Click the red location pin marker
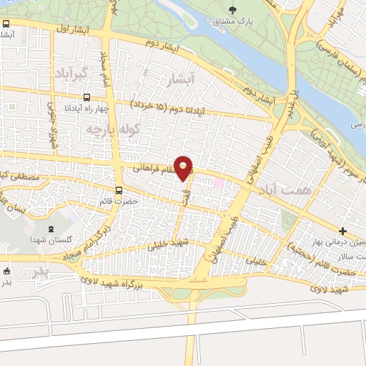184,167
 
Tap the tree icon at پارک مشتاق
233,9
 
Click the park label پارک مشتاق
233,21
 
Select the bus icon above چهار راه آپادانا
86,97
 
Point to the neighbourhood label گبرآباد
69,74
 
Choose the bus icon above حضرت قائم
119,190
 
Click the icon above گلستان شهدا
50,229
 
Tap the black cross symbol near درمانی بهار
343,231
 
